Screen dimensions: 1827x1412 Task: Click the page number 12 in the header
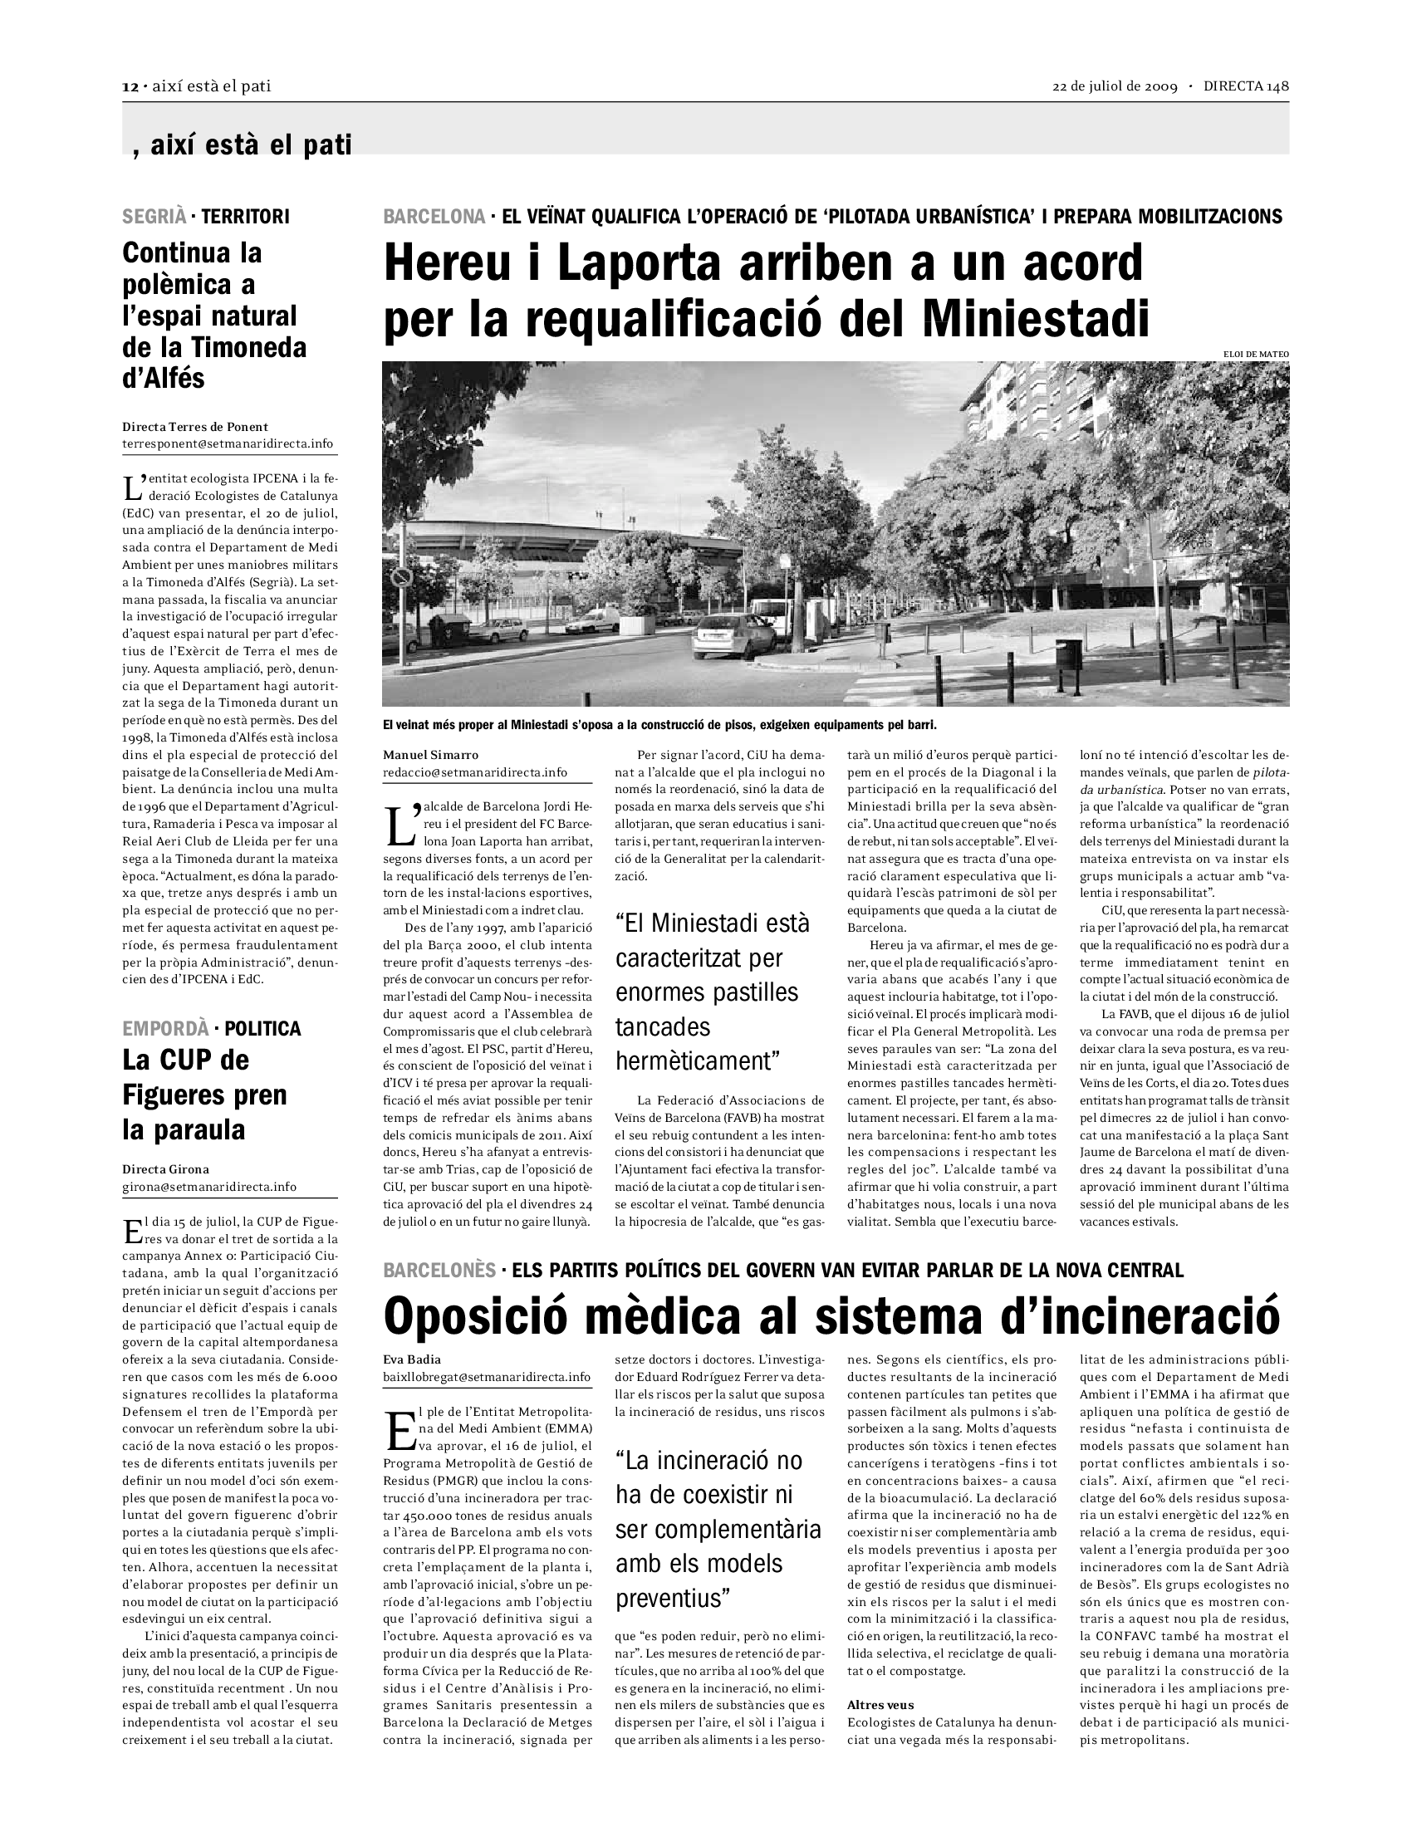coord(130,87)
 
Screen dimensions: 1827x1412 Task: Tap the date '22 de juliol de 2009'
coord(1114,87)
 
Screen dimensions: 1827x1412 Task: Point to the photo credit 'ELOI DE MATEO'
coord(1256,355)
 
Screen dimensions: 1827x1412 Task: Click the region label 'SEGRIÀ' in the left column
coord(154,217)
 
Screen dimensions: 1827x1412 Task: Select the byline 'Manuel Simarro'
coord(431,756)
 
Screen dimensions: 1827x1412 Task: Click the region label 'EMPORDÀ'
coord(164,1029)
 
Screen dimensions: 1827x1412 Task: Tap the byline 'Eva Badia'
coord(411,1359)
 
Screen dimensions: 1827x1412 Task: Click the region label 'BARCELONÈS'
coord(439,1271)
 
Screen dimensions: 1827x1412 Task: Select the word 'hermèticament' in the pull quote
coord(696,1061)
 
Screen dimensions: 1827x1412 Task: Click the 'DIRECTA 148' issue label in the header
coord(1247,87)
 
